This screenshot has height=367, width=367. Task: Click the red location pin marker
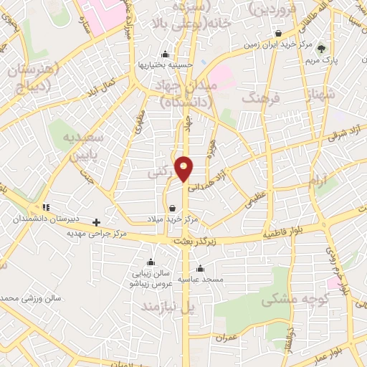pos(184,168)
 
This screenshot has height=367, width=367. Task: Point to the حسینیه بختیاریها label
pos(166,65)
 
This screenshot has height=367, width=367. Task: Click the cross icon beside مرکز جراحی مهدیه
pos(96,222)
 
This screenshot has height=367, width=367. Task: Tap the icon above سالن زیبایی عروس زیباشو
pos(151,262)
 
